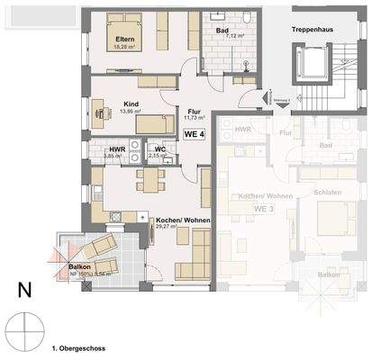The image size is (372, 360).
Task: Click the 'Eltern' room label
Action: click(124, 40)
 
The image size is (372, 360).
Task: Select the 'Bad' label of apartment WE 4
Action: click(222, 31)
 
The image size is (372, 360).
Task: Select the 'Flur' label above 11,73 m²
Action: click(194, 110)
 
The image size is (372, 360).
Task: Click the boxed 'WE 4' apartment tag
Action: click(195, 134)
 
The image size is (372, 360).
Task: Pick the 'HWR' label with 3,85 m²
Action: click(117, 150)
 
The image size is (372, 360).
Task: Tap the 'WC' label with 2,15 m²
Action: click(159, 148)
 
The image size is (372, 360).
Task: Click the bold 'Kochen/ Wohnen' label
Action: click(177, 220)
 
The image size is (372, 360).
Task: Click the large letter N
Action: click(25, 291)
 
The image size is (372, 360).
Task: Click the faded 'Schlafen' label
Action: click(328, 193)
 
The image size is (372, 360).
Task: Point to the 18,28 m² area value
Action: click(124, 48)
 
